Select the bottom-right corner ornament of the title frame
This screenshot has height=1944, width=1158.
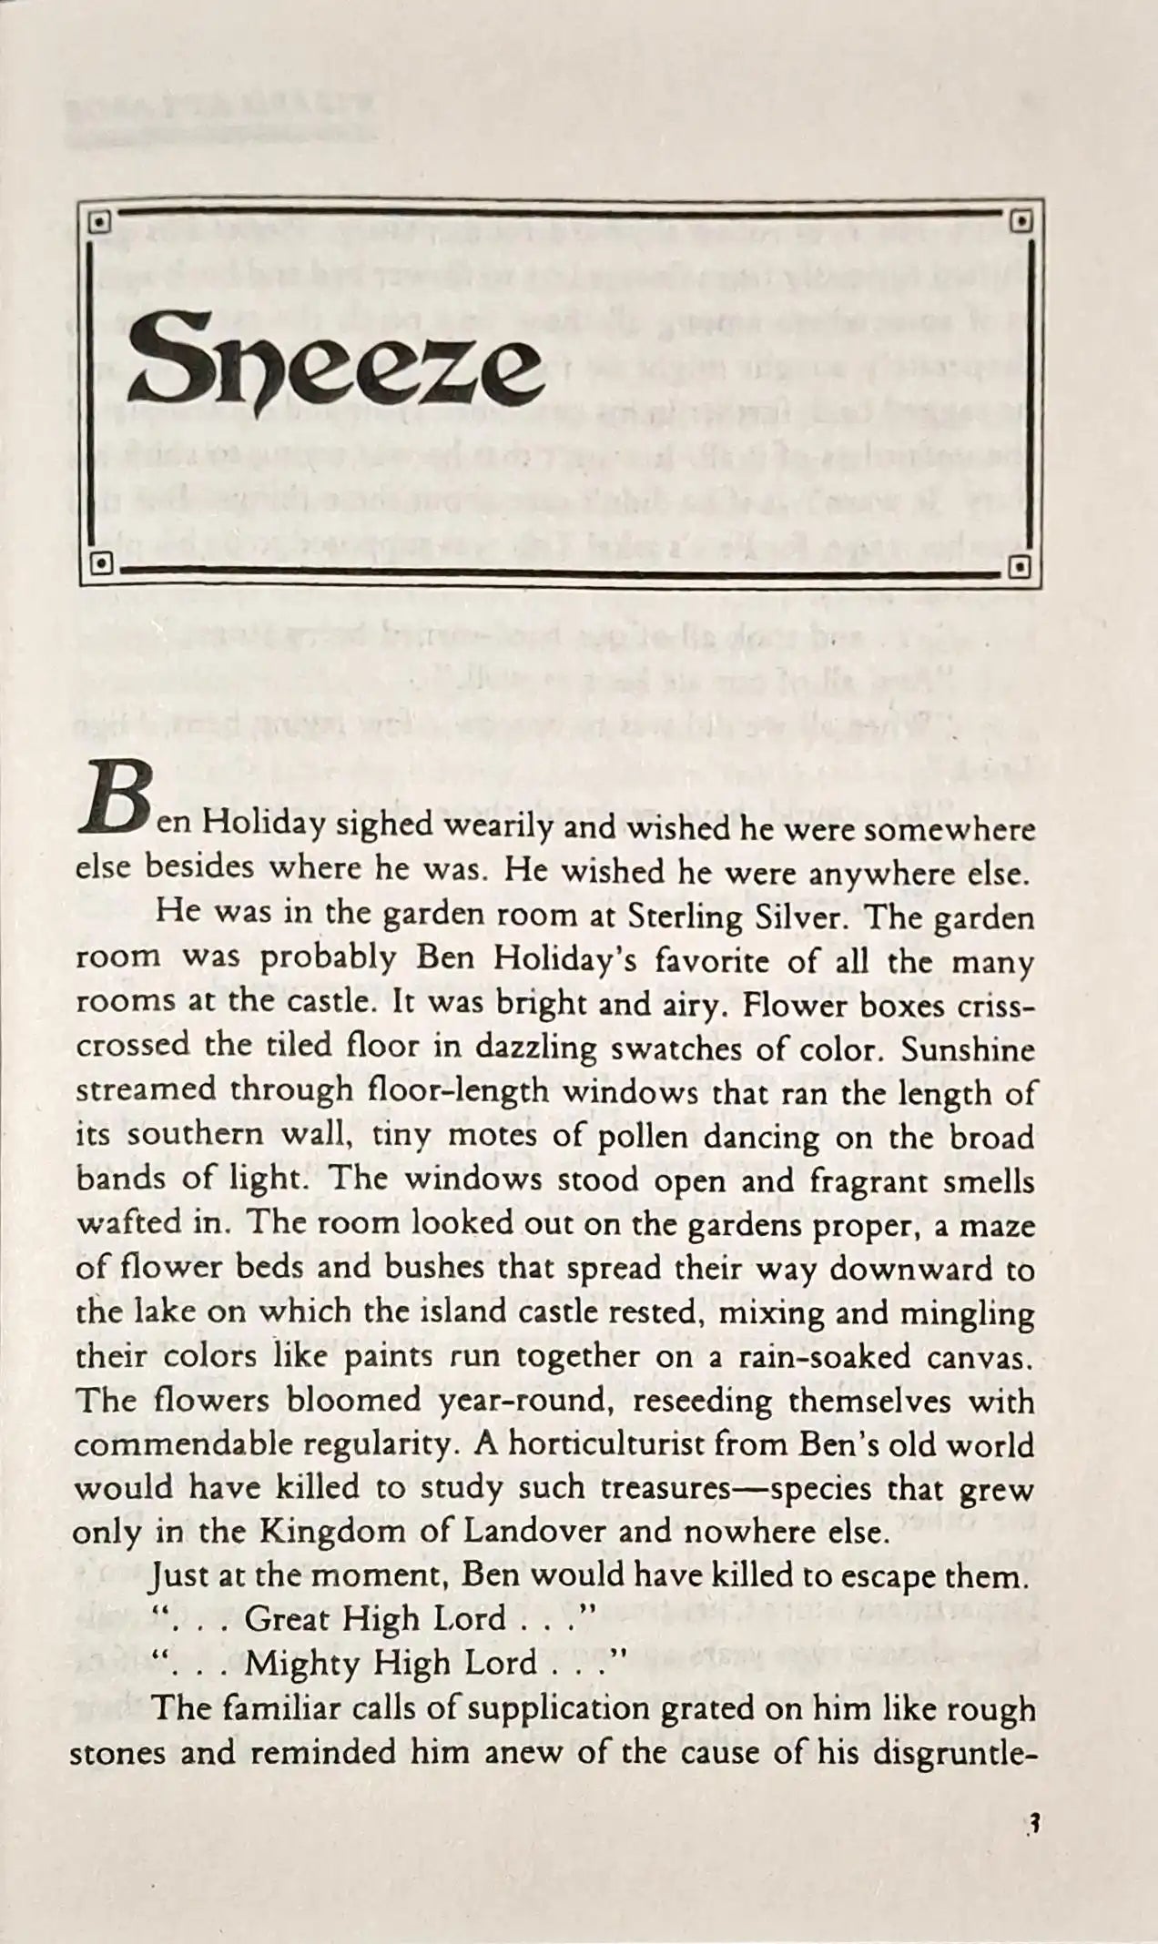point(1021,567)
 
